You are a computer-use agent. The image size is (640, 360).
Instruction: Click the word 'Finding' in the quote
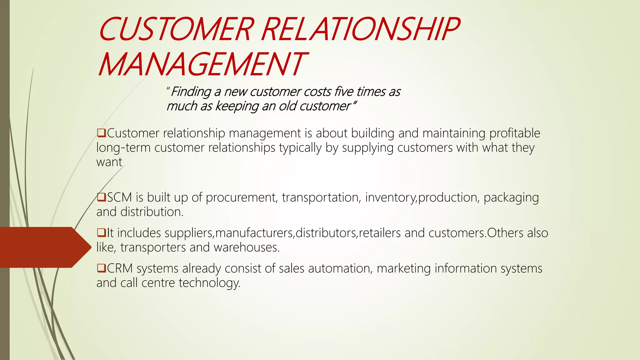[191, 92]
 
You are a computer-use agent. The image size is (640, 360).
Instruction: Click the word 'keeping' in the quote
[237, 106]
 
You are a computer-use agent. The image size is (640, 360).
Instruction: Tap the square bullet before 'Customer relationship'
[101, 133]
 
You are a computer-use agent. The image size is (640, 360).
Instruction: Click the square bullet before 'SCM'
[101, 197]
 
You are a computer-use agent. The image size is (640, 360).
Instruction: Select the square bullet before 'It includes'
[101, 233]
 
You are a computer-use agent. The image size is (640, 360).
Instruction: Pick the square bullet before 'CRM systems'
[101, 268]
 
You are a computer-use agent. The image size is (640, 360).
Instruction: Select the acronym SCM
[120, 197]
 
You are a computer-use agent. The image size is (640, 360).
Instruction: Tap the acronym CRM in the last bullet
[120, 268]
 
